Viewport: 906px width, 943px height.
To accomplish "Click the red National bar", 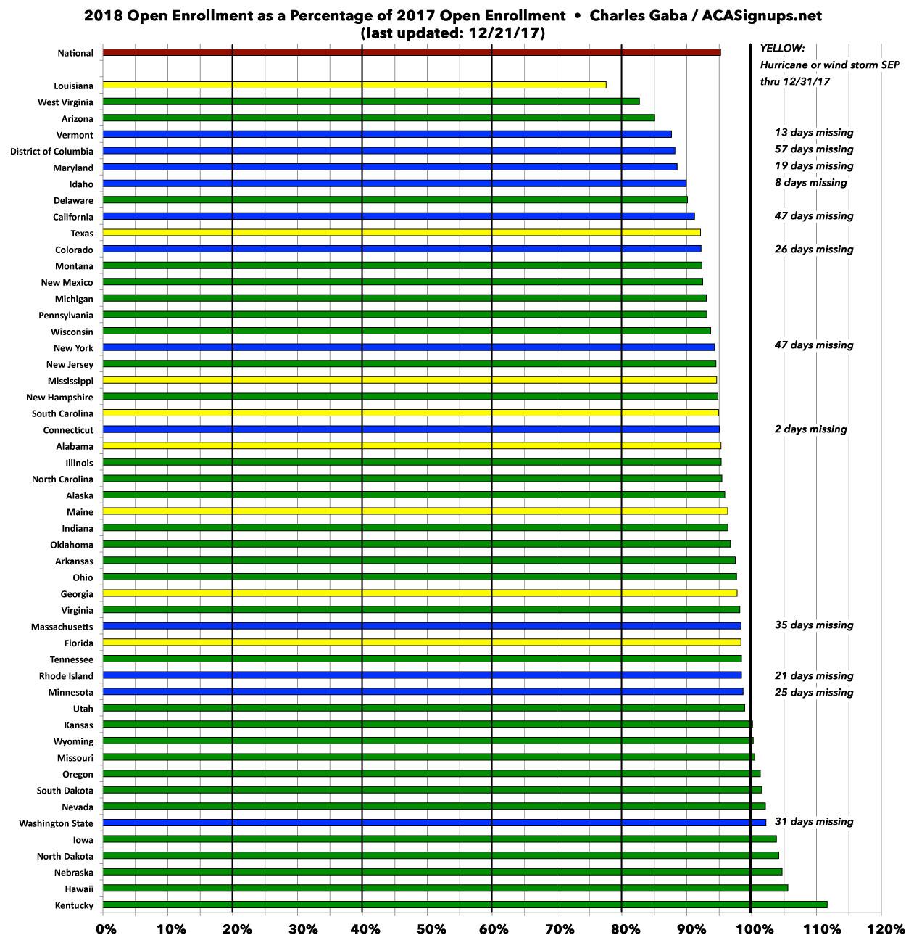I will tap(412, 52).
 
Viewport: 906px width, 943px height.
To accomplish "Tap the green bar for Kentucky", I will tap(465, 905).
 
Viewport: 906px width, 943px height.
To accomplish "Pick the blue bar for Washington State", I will tap(434, 823).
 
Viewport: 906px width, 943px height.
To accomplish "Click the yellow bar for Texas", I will tap(402, 233).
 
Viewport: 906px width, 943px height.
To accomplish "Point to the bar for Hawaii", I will tap(445, 888).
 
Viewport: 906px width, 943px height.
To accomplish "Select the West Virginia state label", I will tap(65, 102).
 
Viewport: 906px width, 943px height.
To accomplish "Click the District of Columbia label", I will tap(51, 152).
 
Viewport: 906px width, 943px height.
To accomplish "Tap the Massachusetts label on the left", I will tap(62, 627).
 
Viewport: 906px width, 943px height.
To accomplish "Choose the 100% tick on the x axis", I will tap(752, 928).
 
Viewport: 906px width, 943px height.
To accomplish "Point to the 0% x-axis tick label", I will tap(106, 928).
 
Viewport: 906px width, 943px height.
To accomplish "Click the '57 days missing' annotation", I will tap(814, 149).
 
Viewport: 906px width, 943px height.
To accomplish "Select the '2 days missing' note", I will tap(810, 429).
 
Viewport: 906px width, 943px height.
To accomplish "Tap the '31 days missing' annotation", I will tap(814, 822).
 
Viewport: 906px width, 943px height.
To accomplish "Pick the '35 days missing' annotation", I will tap(814, 625).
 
